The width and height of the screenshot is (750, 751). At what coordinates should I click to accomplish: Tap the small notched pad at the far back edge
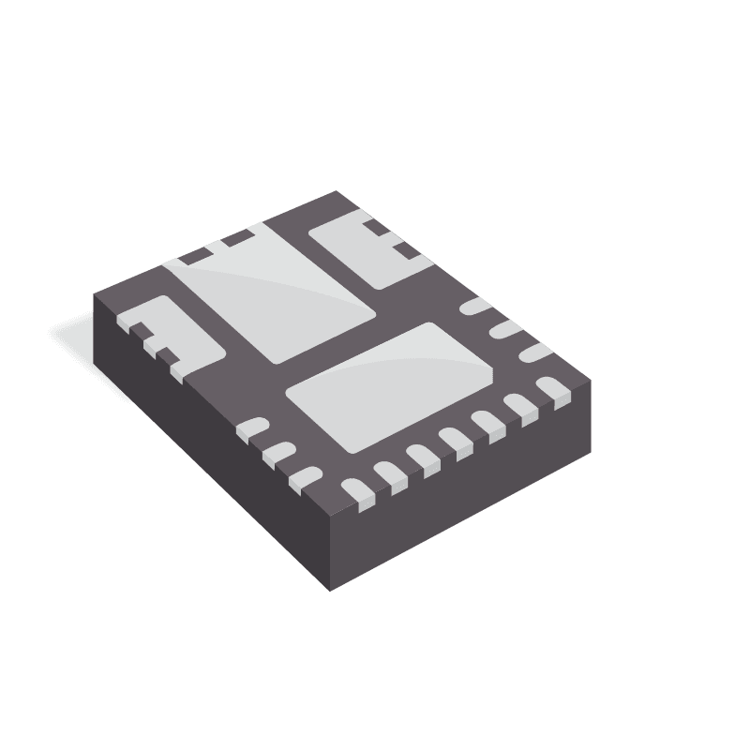point(361,251)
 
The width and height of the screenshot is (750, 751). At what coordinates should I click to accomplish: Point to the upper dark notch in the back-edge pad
point(377,228)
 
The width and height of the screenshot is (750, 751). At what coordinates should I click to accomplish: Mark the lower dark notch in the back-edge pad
point(403,250)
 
